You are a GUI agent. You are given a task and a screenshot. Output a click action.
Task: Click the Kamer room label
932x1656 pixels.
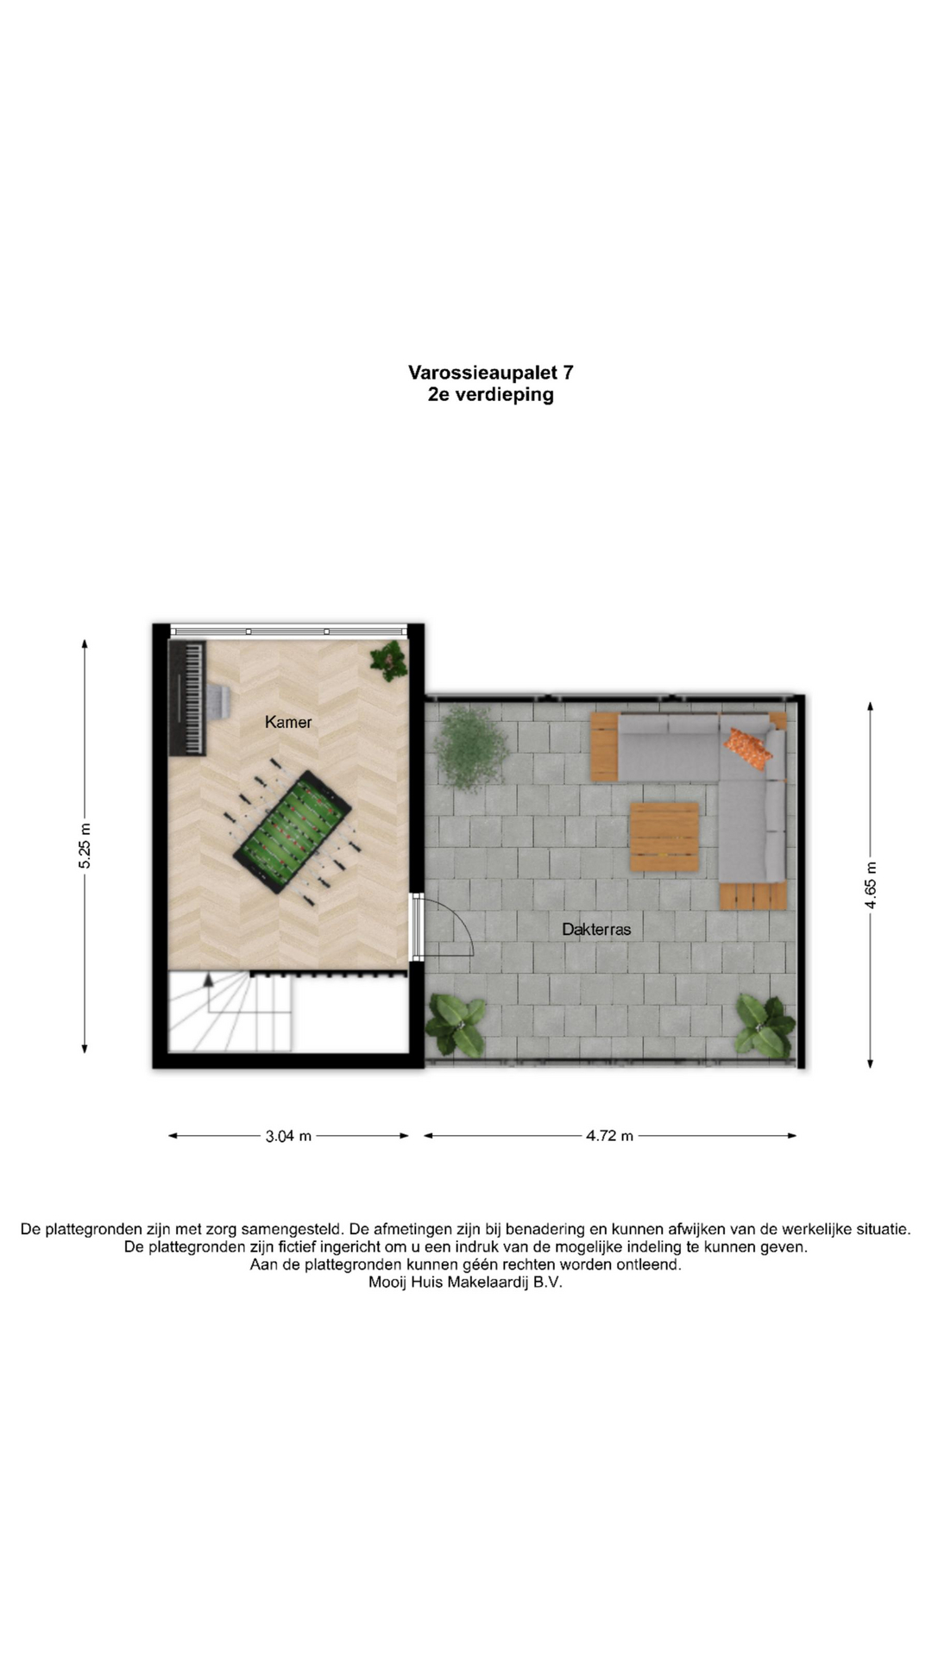tap(288, 722)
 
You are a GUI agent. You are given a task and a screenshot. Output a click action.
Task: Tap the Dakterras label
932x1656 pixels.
tap(596, 929)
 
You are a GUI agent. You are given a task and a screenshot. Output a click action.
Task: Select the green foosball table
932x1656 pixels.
tap(293, 829)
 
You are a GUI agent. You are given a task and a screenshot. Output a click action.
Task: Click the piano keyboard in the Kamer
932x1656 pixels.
tap(187, 697)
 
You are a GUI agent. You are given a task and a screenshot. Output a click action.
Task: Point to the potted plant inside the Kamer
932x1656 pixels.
tap(389, 661)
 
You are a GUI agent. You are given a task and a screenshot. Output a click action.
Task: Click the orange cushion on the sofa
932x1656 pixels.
tap(747, 747)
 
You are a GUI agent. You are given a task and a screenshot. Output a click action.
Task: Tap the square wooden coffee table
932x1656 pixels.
tap(664, 837)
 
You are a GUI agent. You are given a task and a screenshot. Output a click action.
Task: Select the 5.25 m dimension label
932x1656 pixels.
tap(85, 846)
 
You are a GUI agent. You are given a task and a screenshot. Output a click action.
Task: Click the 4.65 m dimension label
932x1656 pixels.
tap(871, 885)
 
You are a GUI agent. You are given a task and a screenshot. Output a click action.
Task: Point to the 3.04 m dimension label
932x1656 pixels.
tap(288, 1136)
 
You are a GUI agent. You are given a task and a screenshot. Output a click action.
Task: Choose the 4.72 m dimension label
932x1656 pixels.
tap(609, 1136)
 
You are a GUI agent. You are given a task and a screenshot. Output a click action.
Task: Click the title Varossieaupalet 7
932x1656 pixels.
tap(491, 373)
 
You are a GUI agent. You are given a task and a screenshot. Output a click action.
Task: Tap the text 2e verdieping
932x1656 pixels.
tap(491, 395)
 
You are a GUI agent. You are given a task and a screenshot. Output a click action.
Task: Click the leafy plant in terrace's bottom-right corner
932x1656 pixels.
tap(765, 1026)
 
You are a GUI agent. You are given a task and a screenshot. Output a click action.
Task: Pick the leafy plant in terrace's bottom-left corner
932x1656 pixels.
tap(456, 1026)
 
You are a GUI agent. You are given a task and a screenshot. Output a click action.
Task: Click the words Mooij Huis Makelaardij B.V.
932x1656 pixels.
tap(465, 1282)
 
